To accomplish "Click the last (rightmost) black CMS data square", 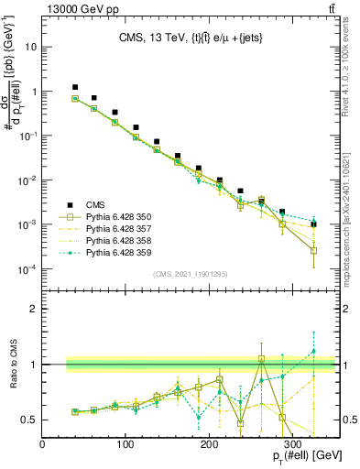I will (313, 224).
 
